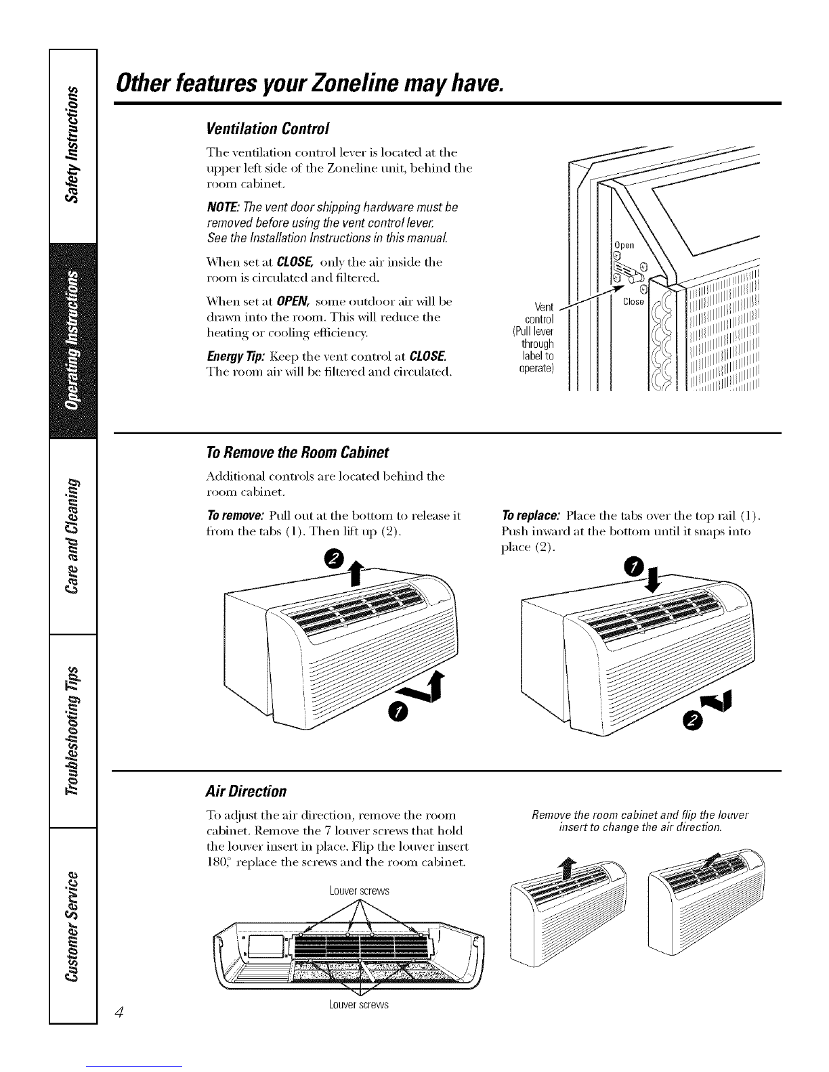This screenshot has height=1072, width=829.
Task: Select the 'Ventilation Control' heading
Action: pos(267,129)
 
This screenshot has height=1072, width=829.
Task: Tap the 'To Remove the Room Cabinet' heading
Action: pos(297,452)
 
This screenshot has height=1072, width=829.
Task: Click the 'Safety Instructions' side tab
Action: pos(73,146)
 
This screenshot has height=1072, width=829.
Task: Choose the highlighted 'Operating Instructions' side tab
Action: pos(73,340)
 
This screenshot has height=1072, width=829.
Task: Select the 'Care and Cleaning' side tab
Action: pos(73,536)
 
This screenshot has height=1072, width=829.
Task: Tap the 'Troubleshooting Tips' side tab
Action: pos(73,731)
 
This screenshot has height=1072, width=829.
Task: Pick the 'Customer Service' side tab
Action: pos(73,925)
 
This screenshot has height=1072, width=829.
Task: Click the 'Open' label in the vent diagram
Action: pos(624,245)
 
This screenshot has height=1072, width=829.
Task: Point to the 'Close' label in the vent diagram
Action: pos(633,301)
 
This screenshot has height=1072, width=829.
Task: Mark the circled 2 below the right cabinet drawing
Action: pos(692,723)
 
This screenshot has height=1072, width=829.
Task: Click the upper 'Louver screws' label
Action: pos(360,891)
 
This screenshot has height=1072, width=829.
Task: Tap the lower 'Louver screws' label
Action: pos(359,1005)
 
